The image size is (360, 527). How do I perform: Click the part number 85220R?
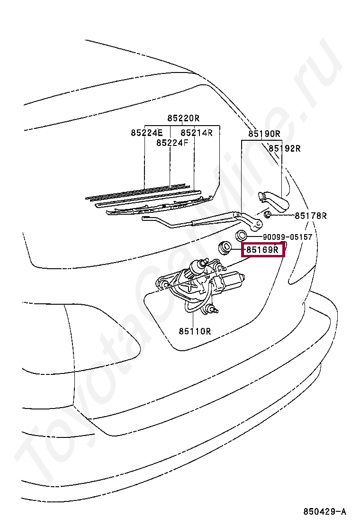pos(183,118)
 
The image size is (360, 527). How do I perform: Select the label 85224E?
pos(146,133)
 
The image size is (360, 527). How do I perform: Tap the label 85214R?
pos(197,133)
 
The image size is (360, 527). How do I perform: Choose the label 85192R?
pos(285,148)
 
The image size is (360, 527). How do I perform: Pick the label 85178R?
pos(311,216)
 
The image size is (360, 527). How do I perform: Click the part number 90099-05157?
pos(288,237)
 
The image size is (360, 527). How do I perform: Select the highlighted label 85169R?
pos(263,249)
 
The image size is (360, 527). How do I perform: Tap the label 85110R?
pos(195,331)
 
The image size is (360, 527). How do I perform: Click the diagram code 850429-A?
pos(324,511)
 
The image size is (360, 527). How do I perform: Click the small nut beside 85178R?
pos(268,216)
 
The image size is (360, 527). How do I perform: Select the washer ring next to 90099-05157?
pos(242,236)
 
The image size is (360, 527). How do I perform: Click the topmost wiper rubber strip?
pos(137,191)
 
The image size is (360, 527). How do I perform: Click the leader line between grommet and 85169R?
pos(237,249)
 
